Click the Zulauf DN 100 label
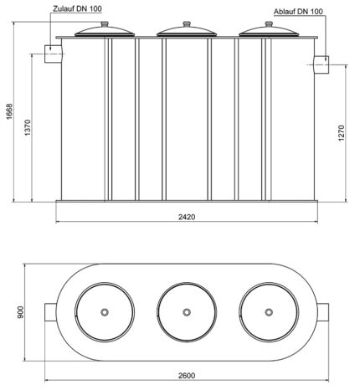[77, 8]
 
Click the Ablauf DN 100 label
[298, 12]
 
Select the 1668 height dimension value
[9, 111]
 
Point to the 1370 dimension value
[28, 128]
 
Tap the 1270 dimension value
[342, 133]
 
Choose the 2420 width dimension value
[187, 217]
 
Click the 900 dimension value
[20, 312]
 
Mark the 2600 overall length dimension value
[187, 376]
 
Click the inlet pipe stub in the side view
[53, 54]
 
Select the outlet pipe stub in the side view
[321, 64]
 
